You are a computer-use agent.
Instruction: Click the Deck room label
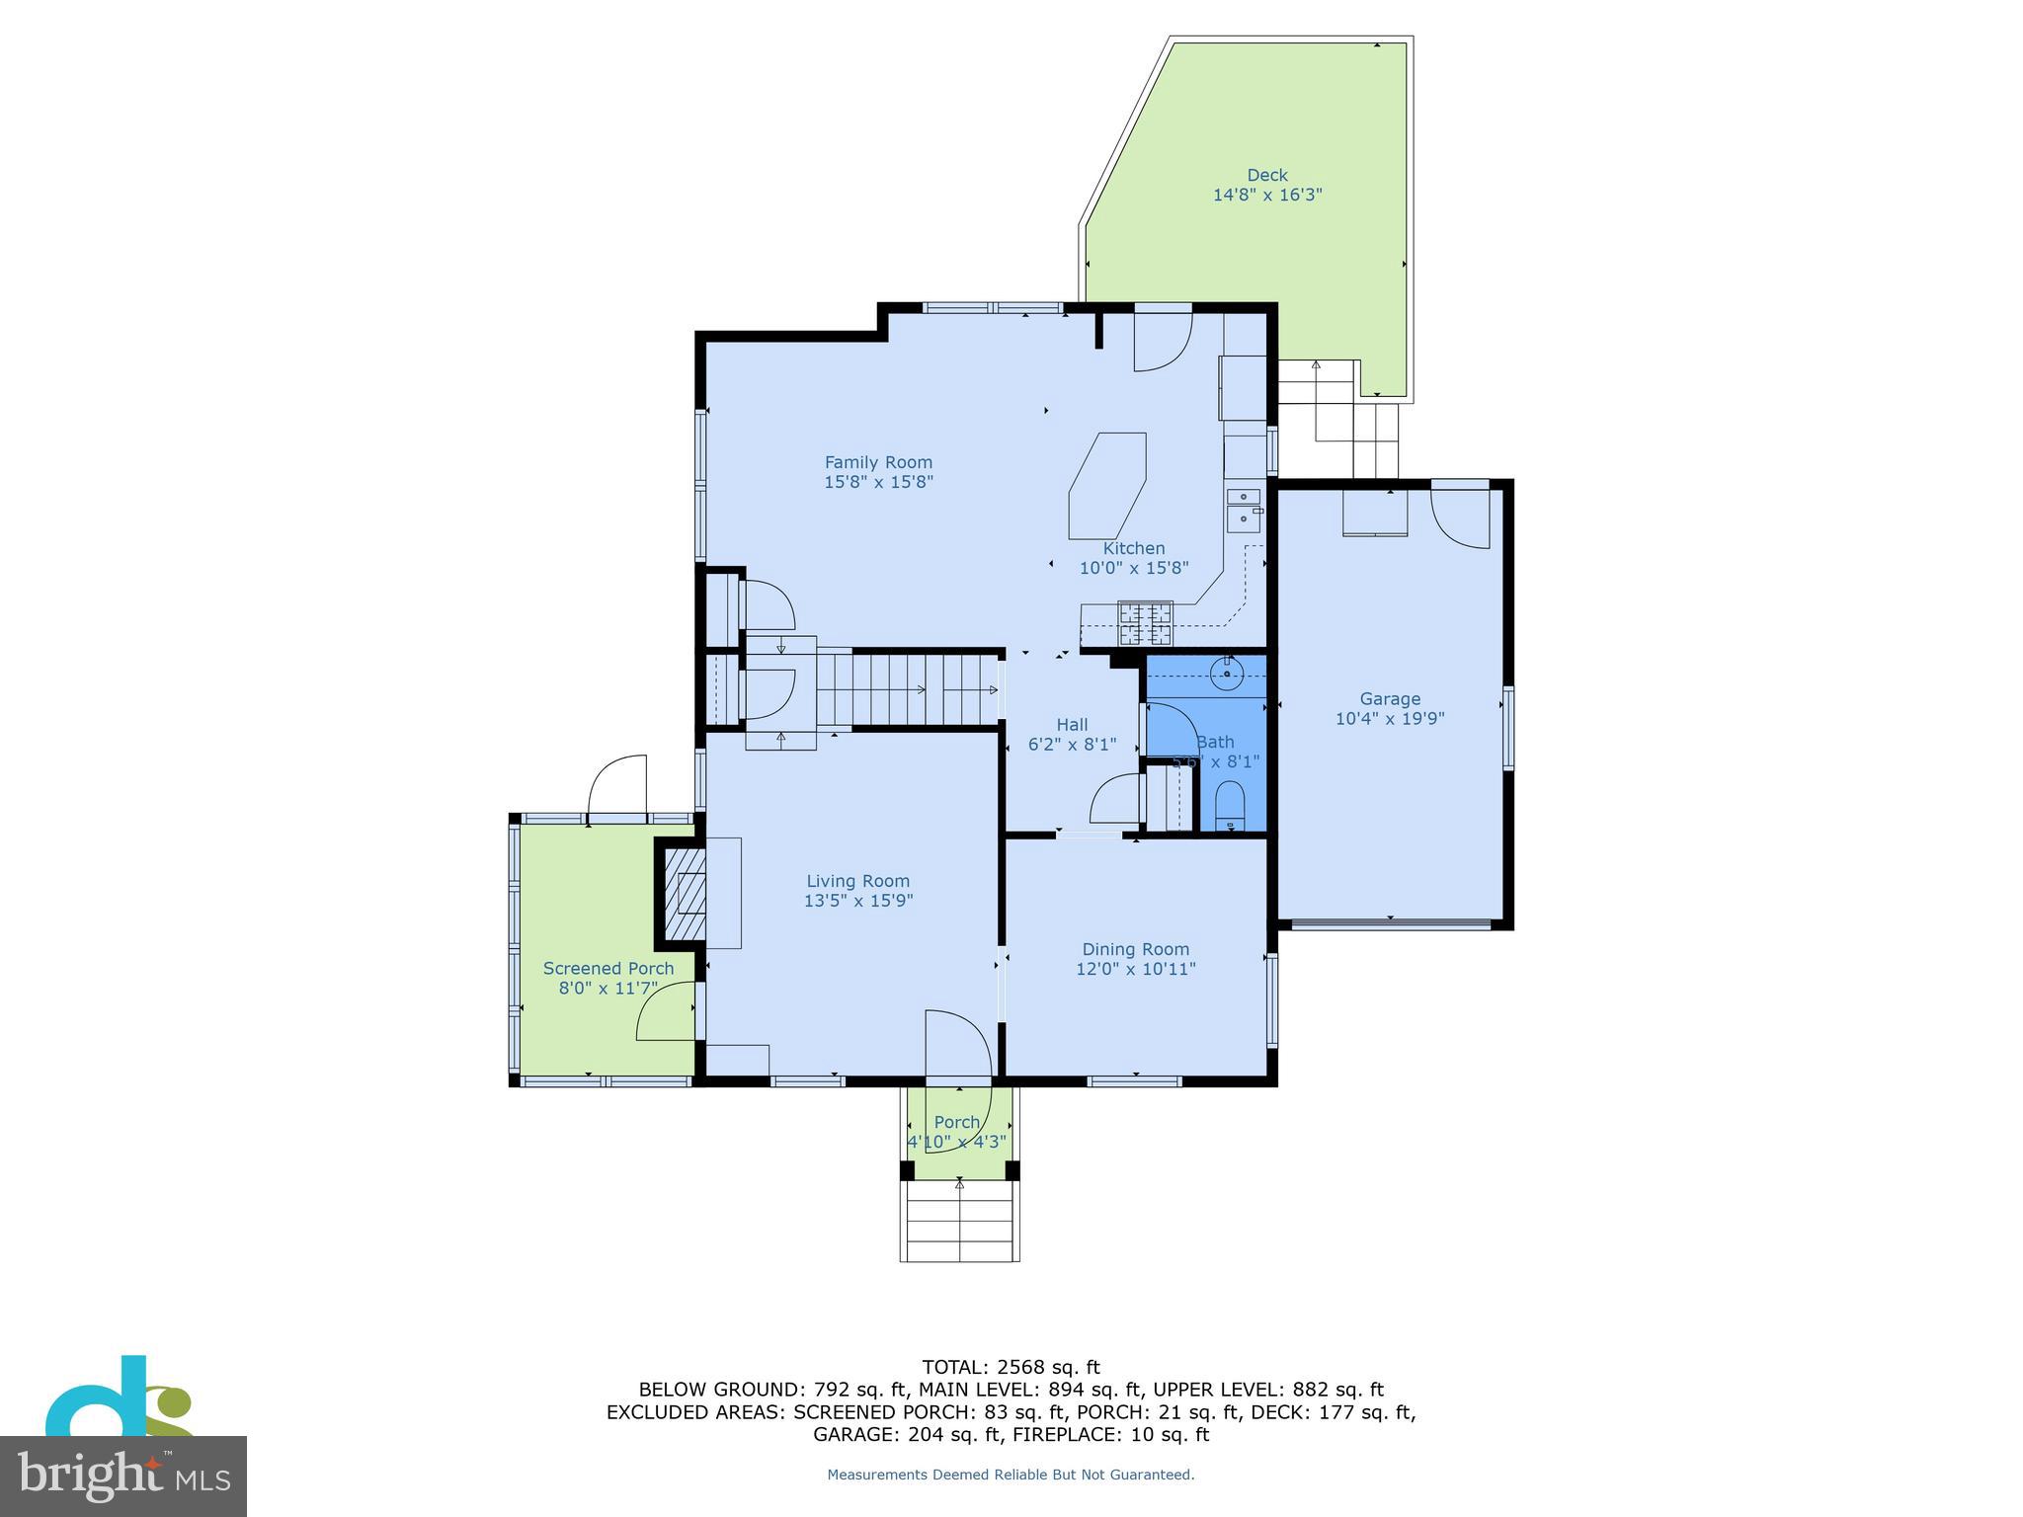pos(1266,176)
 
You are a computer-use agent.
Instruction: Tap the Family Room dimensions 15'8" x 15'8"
pos(878,482)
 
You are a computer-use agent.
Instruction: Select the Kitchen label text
pos(1134,548)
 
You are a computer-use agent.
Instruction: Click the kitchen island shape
pos(1107,486)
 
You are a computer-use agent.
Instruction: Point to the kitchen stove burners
pos(1145,624)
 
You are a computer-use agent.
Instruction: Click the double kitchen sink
pos(1243,509)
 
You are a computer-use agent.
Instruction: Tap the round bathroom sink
pos(1226,676)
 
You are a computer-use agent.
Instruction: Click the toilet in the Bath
pos(1230,806)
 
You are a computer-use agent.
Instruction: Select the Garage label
pos(1390,698)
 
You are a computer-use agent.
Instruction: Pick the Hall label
pos(1072,724)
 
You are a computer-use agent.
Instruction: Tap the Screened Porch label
pos(608,968)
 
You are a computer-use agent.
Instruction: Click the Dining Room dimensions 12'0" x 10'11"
pos(1135,969)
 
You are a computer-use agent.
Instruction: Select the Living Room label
pos(857,881)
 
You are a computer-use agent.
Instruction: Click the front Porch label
pos(956,1122)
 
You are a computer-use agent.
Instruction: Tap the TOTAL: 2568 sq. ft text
pos(1011,1367)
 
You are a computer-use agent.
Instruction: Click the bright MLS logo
pos(122,1476)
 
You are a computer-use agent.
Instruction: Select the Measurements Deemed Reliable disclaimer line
pos(1011,1475)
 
